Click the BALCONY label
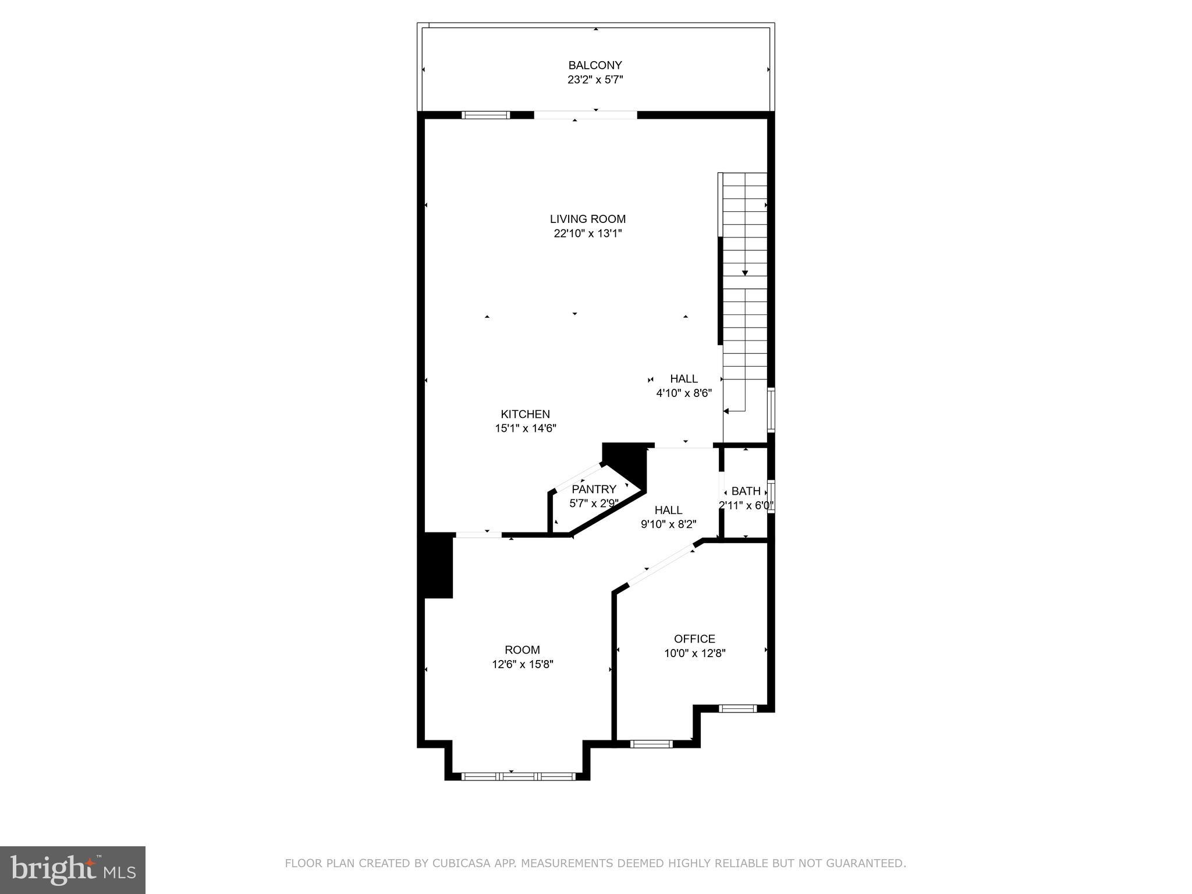(x=595, y=65)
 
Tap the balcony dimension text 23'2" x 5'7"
(x=595, y=80)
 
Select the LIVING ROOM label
(x=588, y=219)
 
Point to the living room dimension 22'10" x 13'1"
(x=588, y=233)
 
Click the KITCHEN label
(x=525, y=414)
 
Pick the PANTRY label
(x=594, y=489)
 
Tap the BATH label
(x=746, y=491)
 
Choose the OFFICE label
(x=694, y=638)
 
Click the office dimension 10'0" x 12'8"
(x=694, y=653)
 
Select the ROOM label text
(x=522, y=650)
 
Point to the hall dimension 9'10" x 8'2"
(x=668, y=524)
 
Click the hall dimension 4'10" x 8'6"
(x=684, y=393)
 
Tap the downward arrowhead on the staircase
(x=745, y=273)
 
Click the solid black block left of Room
(x=438, y=565)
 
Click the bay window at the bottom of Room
(x=518, y=776)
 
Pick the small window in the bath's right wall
(x=771, y=496)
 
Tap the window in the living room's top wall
(x=485, y=115)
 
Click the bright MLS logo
(x=73, y=870)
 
